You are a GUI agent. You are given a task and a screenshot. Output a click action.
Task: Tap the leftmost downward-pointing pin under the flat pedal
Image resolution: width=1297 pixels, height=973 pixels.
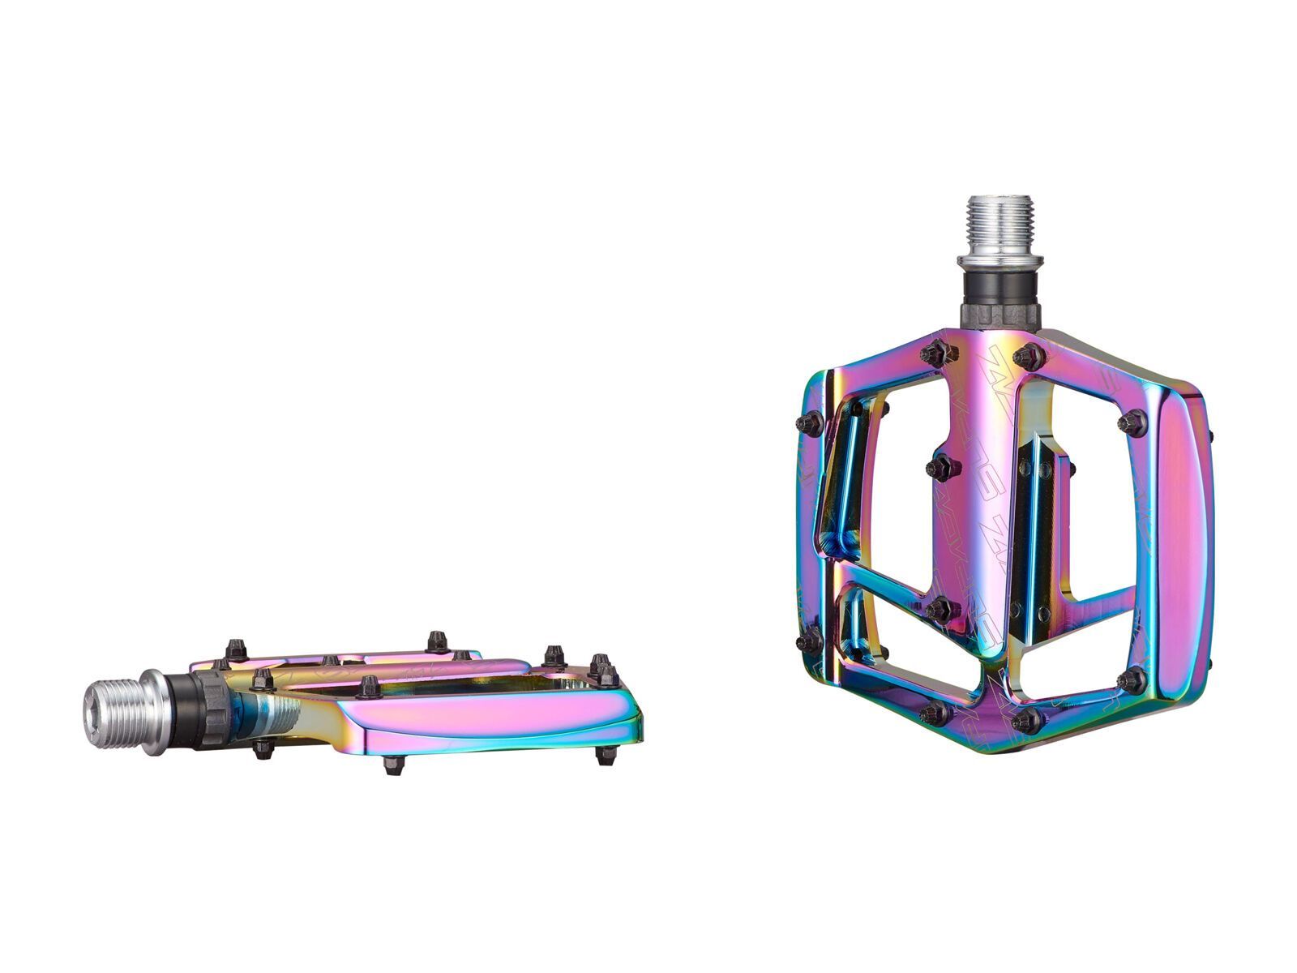(262, 748)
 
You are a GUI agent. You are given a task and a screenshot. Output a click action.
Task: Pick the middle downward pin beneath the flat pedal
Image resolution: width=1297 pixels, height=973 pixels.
(393, 764)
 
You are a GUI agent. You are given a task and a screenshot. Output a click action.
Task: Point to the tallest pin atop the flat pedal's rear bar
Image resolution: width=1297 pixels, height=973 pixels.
(438, 641)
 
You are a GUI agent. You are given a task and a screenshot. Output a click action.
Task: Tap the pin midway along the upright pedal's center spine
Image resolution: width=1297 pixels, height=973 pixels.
(942, 467)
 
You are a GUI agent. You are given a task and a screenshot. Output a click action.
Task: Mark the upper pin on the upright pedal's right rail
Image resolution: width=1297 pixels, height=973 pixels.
(1133, 422)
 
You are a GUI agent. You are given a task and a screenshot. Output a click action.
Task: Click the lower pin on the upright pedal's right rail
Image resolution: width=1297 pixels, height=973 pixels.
(1132, 679)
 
